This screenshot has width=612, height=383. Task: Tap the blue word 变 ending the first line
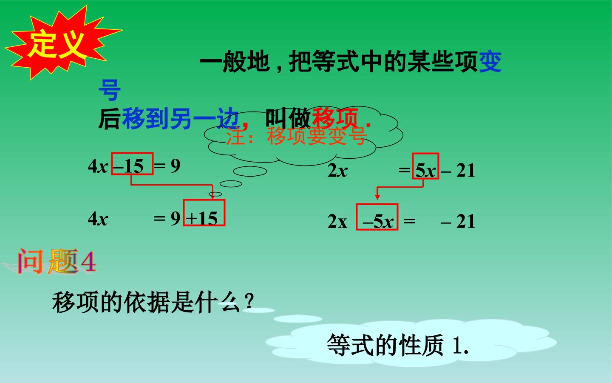pyautogui.click(x=490, y=62)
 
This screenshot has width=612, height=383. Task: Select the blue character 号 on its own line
pyautogui.click(x=109, y=90)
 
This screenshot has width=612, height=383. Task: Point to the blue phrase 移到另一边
pyautogui.click(x=180, y=118)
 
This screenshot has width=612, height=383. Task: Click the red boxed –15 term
pyautogui.click(x=132, y=164)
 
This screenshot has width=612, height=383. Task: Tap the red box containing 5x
pyautogui.click(x=425, y=166)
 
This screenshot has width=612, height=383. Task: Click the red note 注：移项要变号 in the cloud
pyautogui.click(x=296, y=136)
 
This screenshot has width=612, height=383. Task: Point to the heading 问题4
pyautogui.click(x=57, y=261)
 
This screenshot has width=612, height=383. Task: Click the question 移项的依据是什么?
pyautogui.click(x=153, y=303)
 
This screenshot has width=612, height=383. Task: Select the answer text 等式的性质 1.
pyautogui.click(x=398, y=345)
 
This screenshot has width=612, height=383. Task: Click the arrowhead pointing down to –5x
pyautogui.click(x=377, y=197)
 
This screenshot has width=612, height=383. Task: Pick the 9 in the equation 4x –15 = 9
pyautogui.click(x=176, y=166)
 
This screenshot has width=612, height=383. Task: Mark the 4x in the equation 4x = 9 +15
pyautogui.click(x=98, y=219)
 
